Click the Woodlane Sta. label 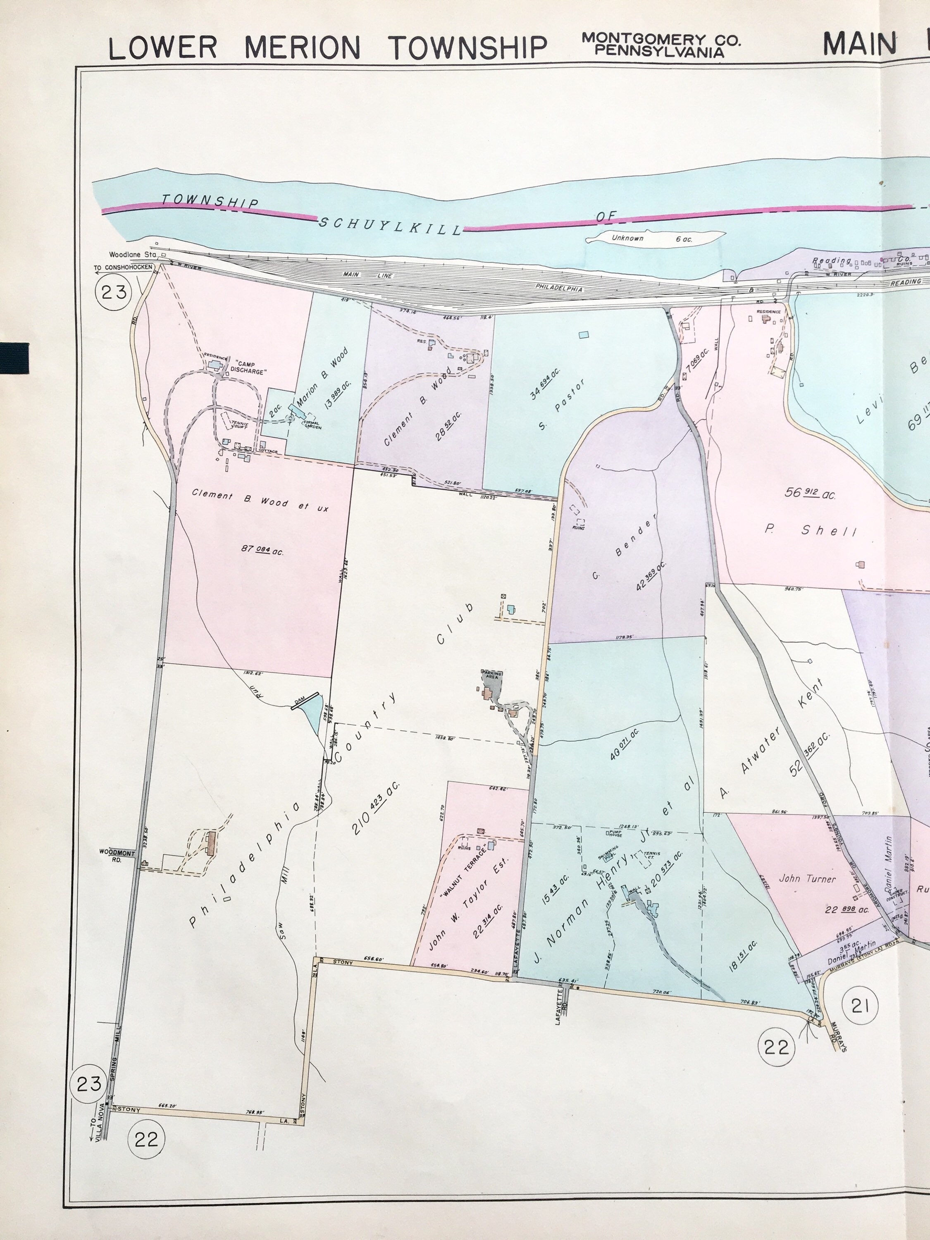coord(132,255)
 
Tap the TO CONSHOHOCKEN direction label coord(123,267)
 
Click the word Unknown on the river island coord(627,238)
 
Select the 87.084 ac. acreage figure coord(262,550)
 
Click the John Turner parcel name coord(807,878)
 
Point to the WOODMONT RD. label coord(117,856)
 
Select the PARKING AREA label coord(491,675)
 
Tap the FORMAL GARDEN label coord(312,425)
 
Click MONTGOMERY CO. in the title coord(661,39)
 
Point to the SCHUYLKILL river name coord(390,226)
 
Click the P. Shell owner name coord(811,530)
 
